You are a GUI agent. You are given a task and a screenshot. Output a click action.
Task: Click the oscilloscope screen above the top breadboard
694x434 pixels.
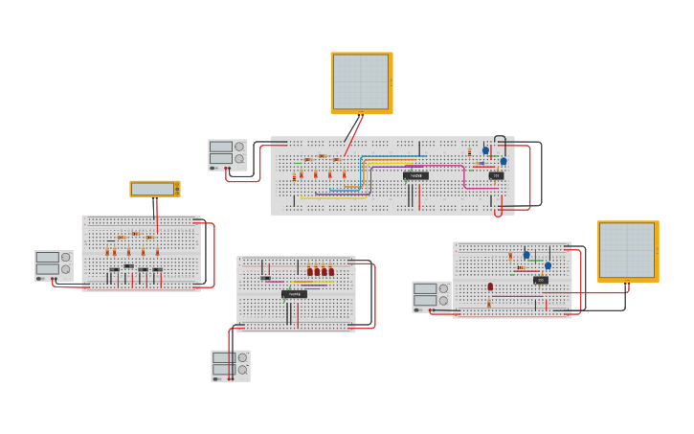(361, 82)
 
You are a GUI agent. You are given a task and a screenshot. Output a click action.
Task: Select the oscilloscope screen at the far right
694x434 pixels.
(627, 250)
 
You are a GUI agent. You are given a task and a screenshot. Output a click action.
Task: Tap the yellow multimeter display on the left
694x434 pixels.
(153, 189)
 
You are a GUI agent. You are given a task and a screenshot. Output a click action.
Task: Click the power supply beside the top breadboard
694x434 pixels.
(227, 154)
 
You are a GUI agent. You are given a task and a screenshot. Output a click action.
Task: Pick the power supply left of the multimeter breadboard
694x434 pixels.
(54, 264)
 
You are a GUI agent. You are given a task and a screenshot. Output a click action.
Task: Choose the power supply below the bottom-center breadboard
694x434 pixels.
(230, 365)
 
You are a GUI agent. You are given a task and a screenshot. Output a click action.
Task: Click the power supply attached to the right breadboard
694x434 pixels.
(431, 296)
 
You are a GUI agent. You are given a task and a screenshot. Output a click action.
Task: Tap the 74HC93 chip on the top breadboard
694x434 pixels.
(415, 176)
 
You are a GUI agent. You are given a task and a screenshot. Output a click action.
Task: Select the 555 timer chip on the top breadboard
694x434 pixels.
(496, 175)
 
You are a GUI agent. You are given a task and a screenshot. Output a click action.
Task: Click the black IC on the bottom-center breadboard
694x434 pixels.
(294, 294)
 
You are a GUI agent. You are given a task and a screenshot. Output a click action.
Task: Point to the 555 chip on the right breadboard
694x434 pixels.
(541, 280)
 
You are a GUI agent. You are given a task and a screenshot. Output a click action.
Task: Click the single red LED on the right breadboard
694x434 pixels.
(490, 286)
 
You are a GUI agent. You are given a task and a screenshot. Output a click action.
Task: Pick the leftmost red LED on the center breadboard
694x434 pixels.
(310, 271)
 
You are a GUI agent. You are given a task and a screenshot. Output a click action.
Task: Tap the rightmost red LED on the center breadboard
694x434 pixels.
(331, 271)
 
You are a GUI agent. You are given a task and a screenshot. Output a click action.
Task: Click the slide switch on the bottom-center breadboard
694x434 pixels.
(265, 278)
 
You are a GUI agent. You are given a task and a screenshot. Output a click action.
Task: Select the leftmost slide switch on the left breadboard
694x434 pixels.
(115, 269)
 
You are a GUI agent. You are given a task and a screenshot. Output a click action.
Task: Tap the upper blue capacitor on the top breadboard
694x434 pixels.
(485, 150)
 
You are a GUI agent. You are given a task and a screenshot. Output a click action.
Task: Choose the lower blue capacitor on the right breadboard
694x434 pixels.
(548, 265)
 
